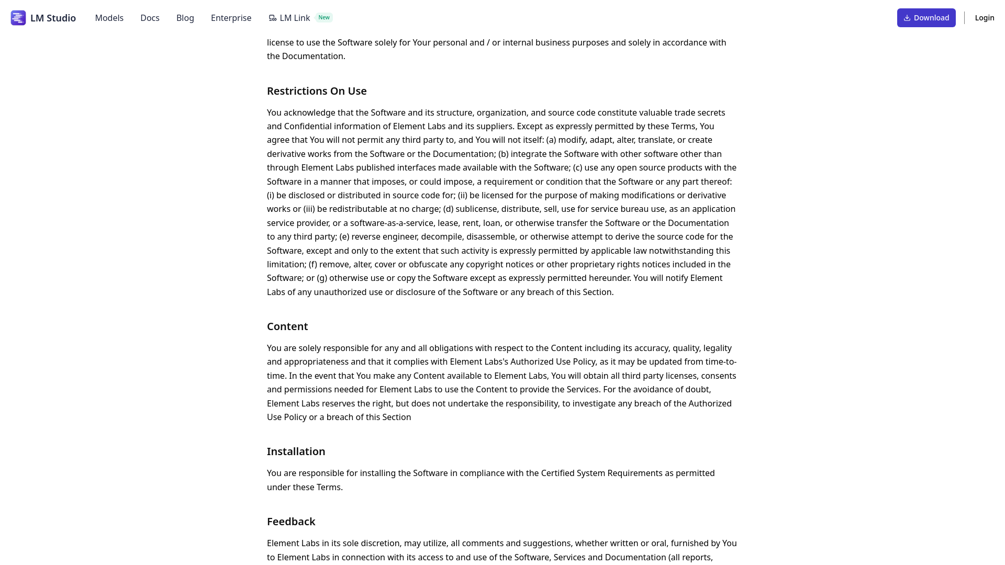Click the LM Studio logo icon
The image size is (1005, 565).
point(18,18)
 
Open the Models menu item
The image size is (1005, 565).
point(109,18)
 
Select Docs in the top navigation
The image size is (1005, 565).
point(150,18)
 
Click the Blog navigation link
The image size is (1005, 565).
point(185,18)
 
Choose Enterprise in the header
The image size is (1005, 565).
point(231,18)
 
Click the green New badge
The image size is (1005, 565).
point(324,17)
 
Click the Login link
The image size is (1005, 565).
point(984,18)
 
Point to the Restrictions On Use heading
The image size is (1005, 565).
point(317,91)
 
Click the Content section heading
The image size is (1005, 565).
point(287,326)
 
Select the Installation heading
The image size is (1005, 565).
point(296,451)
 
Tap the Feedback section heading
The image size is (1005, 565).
point(291,522)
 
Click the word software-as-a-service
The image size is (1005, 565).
point(393,223)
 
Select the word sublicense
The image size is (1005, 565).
point(476,209)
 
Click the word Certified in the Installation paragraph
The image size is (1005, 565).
point(557,473)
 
